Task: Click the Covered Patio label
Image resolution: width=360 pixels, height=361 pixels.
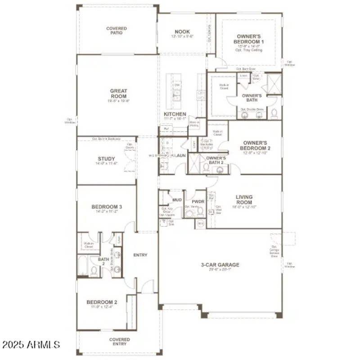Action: point(116,31)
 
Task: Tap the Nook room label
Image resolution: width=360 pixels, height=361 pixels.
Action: point(182,32)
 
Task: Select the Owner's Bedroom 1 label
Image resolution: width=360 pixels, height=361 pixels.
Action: point(249,39)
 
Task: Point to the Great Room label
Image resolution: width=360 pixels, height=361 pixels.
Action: point(118,94)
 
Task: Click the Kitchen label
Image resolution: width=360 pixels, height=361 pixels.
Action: point(175,115)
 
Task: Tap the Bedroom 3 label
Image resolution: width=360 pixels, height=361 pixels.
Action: point(107,207)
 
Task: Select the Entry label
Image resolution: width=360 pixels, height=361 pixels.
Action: point(140,255)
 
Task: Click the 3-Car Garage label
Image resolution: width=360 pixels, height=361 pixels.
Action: point(220,265)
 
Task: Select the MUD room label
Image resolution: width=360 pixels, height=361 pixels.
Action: point(177,199)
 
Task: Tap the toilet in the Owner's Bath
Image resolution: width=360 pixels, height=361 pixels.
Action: point(274,114)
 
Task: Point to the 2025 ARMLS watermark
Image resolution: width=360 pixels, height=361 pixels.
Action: point(31,345)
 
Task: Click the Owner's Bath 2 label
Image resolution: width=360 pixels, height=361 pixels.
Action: point(216,160)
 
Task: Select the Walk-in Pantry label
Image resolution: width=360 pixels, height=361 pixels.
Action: point(194,124)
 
